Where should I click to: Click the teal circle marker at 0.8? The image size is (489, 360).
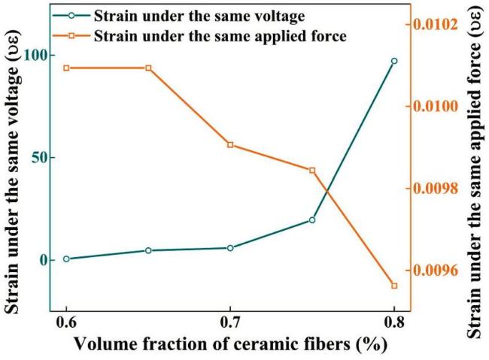pos(394,61)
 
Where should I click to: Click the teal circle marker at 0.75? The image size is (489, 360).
pos(312,219)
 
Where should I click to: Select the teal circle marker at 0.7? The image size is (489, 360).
pos(230,248)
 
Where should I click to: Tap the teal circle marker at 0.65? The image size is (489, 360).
pos(148,250)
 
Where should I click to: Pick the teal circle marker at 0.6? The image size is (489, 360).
pos(66,259)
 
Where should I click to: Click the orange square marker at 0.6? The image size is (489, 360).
pos(66,68)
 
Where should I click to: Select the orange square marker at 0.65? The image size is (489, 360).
pos(148,68)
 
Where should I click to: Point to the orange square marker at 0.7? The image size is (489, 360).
pos(230,144)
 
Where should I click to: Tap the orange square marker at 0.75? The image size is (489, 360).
pos(312,170)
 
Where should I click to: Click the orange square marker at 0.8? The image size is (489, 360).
pos(394,286)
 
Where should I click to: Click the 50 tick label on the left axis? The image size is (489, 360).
pos(36,158)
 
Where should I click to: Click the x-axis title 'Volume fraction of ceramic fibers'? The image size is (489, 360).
pos(230,345)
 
